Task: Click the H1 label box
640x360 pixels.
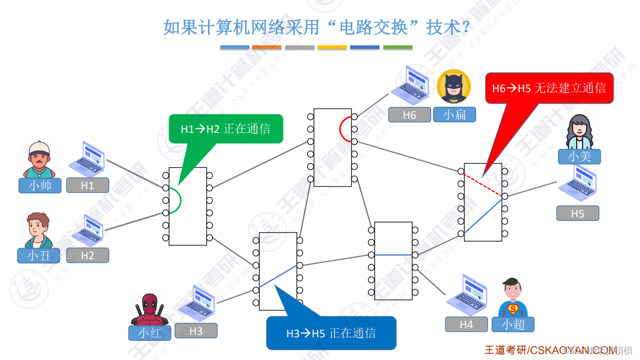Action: point(88,185)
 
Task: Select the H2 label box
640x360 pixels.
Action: point(88,255)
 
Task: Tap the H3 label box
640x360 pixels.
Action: point(196,331)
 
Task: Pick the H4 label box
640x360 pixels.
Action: point(466,324)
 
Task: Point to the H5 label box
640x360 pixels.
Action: point(577,213)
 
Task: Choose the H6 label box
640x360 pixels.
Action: point(410,115)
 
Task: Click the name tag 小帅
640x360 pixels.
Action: point(40,185)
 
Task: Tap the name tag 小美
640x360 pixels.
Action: point(579,157)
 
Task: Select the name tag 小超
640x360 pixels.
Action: point(513,324)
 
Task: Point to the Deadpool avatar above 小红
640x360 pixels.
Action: point(150,308)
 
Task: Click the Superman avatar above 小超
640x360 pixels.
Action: point(512,298)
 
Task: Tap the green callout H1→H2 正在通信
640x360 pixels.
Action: point(226,129)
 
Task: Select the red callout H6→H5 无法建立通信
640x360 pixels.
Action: point(549,88)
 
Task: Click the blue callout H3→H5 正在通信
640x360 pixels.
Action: point(331,333)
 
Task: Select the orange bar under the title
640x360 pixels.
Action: point(267,47)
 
